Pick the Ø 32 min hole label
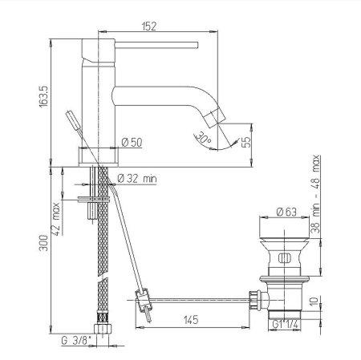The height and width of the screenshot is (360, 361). coord(137,179)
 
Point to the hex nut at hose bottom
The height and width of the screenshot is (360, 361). coord(101,330)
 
